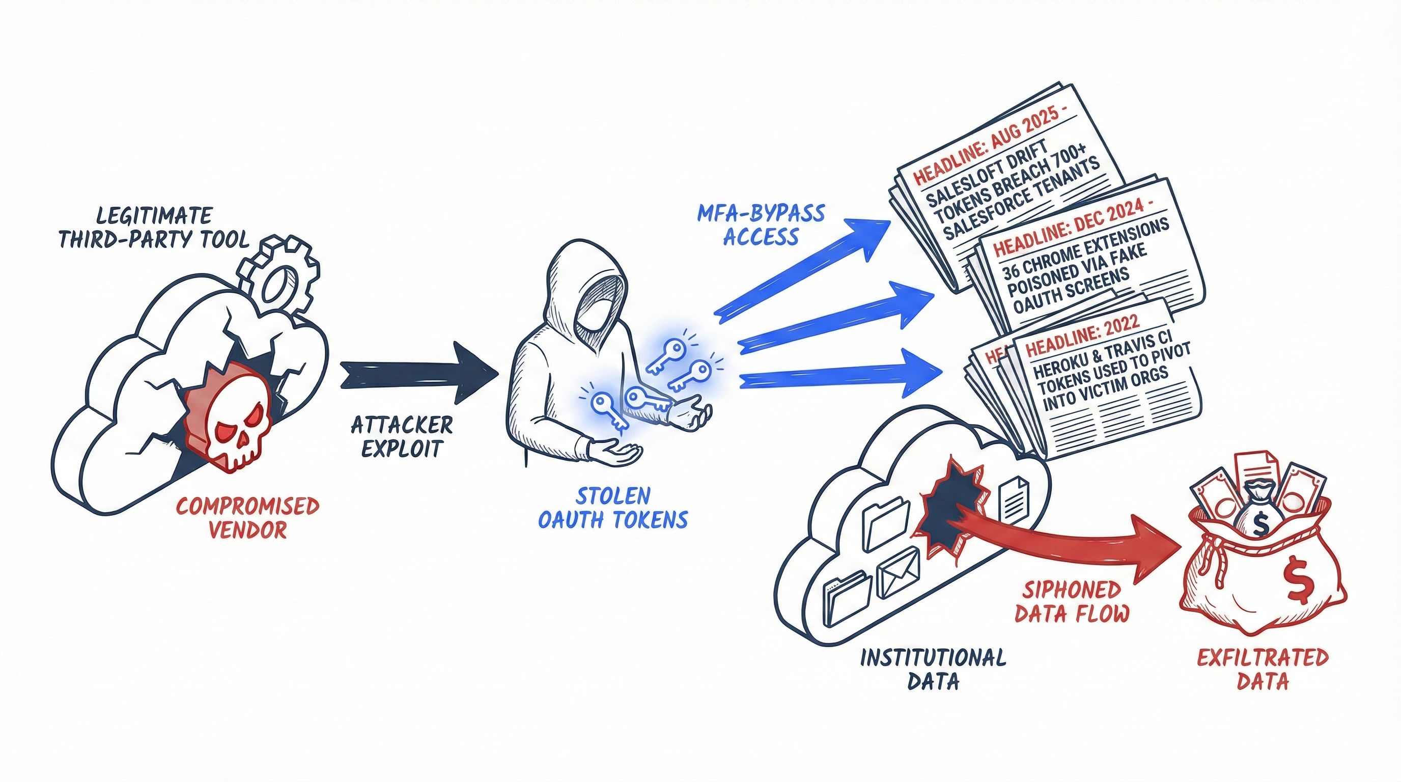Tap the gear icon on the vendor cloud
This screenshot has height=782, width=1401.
click(279, 277)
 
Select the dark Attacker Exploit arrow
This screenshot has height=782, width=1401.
click(419, 373)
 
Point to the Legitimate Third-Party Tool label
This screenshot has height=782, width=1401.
click(154, 227)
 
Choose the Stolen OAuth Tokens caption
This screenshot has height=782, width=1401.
click(613, 507)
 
